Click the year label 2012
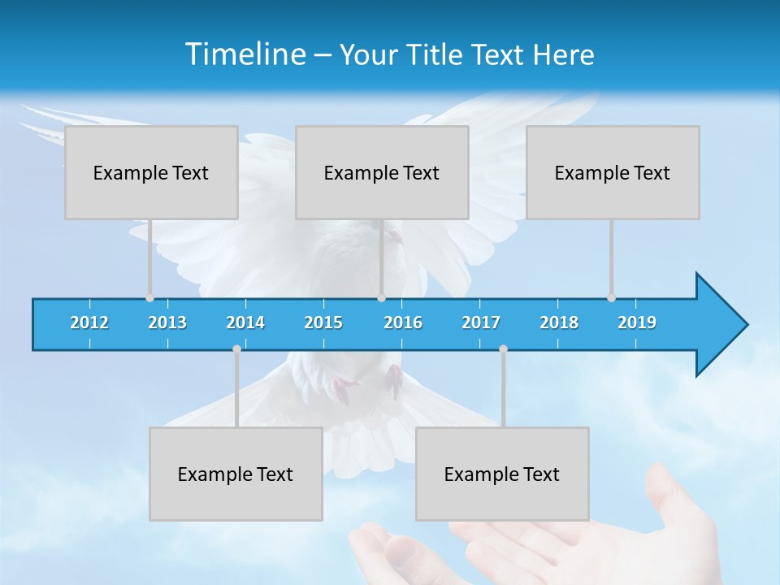pos(89,323)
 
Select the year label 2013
pos(167,323)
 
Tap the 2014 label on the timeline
pos(245,323)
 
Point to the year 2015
pos(323,323)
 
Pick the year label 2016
pos(403,323)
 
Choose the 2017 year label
pos(481,323)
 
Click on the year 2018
pos(559,323)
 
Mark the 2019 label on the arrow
pos(637,323)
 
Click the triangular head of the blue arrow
pos(719,325)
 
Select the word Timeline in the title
pos(243,54)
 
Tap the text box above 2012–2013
pos(151,172)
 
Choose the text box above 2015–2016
pos(382,172)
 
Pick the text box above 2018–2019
pos(613,172)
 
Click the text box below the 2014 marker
pos(236,474)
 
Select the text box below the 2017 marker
pos(502,474)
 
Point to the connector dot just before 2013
pos(149,298)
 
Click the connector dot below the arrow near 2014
pos(236,349)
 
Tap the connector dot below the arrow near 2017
pos(503,349)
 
